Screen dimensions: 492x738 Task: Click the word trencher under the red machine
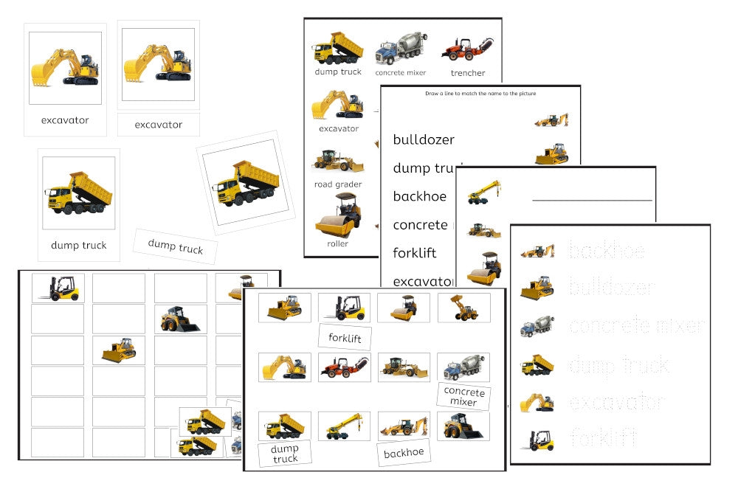click(x=468, y=73)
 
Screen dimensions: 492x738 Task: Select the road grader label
click(x=338, y=184)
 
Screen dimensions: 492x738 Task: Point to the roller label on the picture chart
click(x=338, y=243)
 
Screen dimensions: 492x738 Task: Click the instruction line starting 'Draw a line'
click(x=480, y=94)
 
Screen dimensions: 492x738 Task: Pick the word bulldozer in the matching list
click(x=424, y=139)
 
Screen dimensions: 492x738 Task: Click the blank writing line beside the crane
click(x=592, y=200)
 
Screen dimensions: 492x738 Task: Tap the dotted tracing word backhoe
click(x=606, y=251)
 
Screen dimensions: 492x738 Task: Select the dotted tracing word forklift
click(x=603, y=439)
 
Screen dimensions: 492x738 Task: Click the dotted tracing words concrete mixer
click(x=636, y=326)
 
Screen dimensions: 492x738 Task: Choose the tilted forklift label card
click(x=345, y=337)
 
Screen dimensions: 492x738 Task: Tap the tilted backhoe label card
click(x=403, y=453)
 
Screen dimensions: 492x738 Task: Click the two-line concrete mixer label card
click(x=463, y=397)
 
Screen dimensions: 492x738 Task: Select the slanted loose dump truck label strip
click(x=176, y=246)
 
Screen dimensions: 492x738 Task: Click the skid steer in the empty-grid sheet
click(x=180, y=319)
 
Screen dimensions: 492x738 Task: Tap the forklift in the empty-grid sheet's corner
click(x=58, y=288)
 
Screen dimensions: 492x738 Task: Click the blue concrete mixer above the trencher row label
click(x=401, y=49)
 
